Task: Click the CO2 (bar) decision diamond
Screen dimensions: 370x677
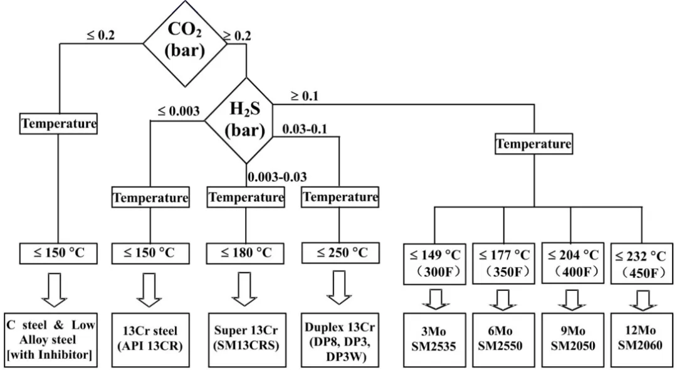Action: [184, 41]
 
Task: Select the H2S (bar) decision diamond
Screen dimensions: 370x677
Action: [245, 120]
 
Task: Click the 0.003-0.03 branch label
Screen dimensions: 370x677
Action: [277, 177]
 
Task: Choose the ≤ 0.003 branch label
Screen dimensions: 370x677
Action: [178, 111]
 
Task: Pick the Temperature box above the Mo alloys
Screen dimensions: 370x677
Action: [533, 144]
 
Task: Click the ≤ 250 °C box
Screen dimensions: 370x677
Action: [340, 253]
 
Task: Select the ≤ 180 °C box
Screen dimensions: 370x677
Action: [245, 253]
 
